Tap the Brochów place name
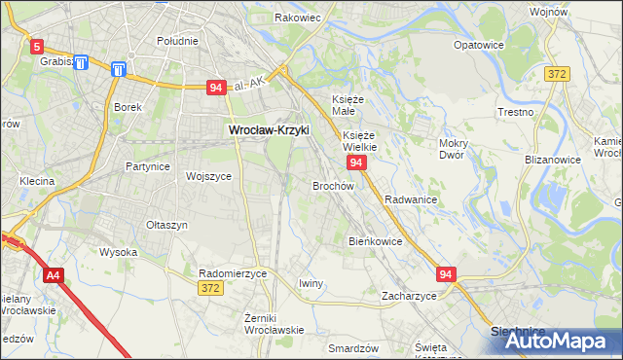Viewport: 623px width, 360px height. point(332,185)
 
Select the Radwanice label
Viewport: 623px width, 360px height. point(410,198)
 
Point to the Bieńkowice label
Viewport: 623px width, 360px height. point(375,240)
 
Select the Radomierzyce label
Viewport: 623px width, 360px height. point(232,274)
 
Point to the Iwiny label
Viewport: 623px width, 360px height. point(311,283)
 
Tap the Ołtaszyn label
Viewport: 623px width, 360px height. point(166,225)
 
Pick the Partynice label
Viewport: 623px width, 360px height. point(148,166)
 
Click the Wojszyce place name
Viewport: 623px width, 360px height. point(208,177)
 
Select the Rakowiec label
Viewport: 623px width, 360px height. point(298,18)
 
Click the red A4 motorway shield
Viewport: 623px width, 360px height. point(53,275)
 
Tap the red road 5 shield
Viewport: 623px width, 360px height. point(37,46)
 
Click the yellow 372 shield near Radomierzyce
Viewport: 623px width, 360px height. point(209,288)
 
